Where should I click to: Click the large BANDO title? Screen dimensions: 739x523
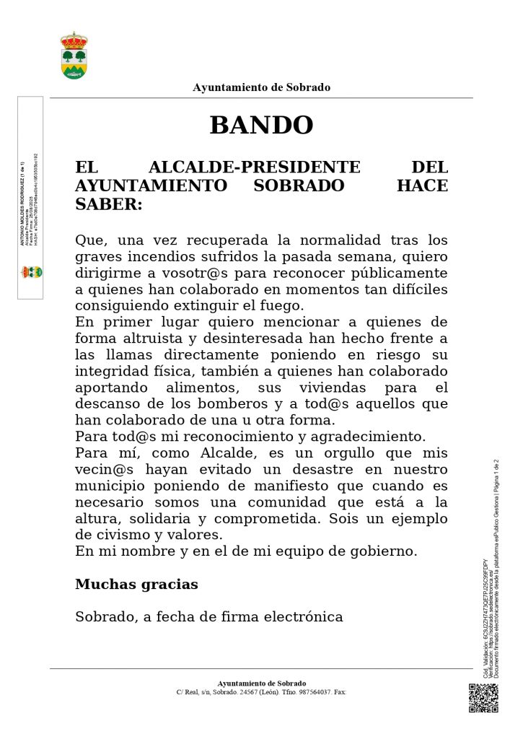[x=261, y=126]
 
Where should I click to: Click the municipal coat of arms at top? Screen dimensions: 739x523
[x=74, y=56]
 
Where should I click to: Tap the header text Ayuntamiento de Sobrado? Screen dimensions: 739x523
[x=261, y=87]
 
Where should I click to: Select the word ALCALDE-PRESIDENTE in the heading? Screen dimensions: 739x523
[x=254, y=167]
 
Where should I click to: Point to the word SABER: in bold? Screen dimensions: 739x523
[x=109, y=204]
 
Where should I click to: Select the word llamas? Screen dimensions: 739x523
[x=124, y=355]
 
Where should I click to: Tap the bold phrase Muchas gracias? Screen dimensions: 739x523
[x=136, y=585]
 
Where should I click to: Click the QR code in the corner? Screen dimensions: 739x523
[x=483, y=697]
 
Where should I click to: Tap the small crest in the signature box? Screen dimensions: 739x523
[x=30, y=272]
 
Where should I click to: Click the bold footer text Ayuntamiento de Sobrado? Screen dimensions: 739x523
[x=261, y=683]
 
